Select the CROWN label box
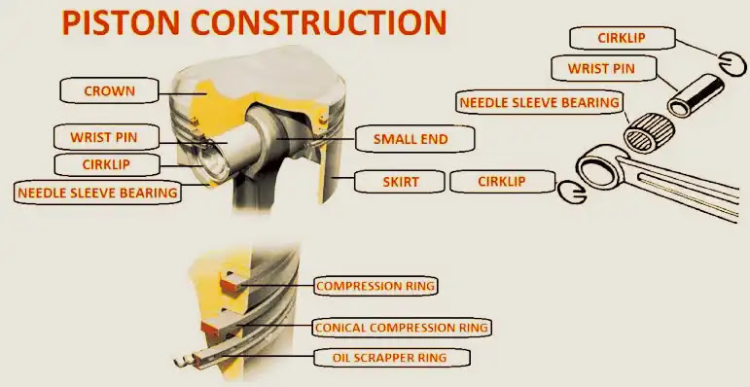click(x=109, y=90)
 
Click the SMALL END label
click(x=411, y=139)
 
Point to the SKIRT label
click(x=401, y=182)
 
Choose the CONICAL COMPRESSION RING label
click(x=402, y=328)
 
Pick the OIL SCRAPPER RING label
click(x=392, y=357)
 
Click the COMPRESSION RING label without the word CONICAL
click(x=375, y=286)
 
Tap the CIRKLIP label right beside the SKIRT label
click(x=502, y=182)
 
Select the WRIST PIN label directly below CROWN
click(x=104, y=138)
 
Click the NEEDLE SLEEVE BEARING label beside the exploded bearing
click(x=540, y=102)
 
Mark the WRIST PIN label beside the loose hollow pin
click(x=601, y=68)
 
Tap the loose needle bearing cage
click(x=649, y=131)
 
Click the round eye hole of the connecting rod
click(x=598, y=170)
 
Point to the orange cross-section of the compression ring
click(x=231, y=285)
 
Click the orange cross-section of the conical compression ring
click(x=212, y=328)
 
